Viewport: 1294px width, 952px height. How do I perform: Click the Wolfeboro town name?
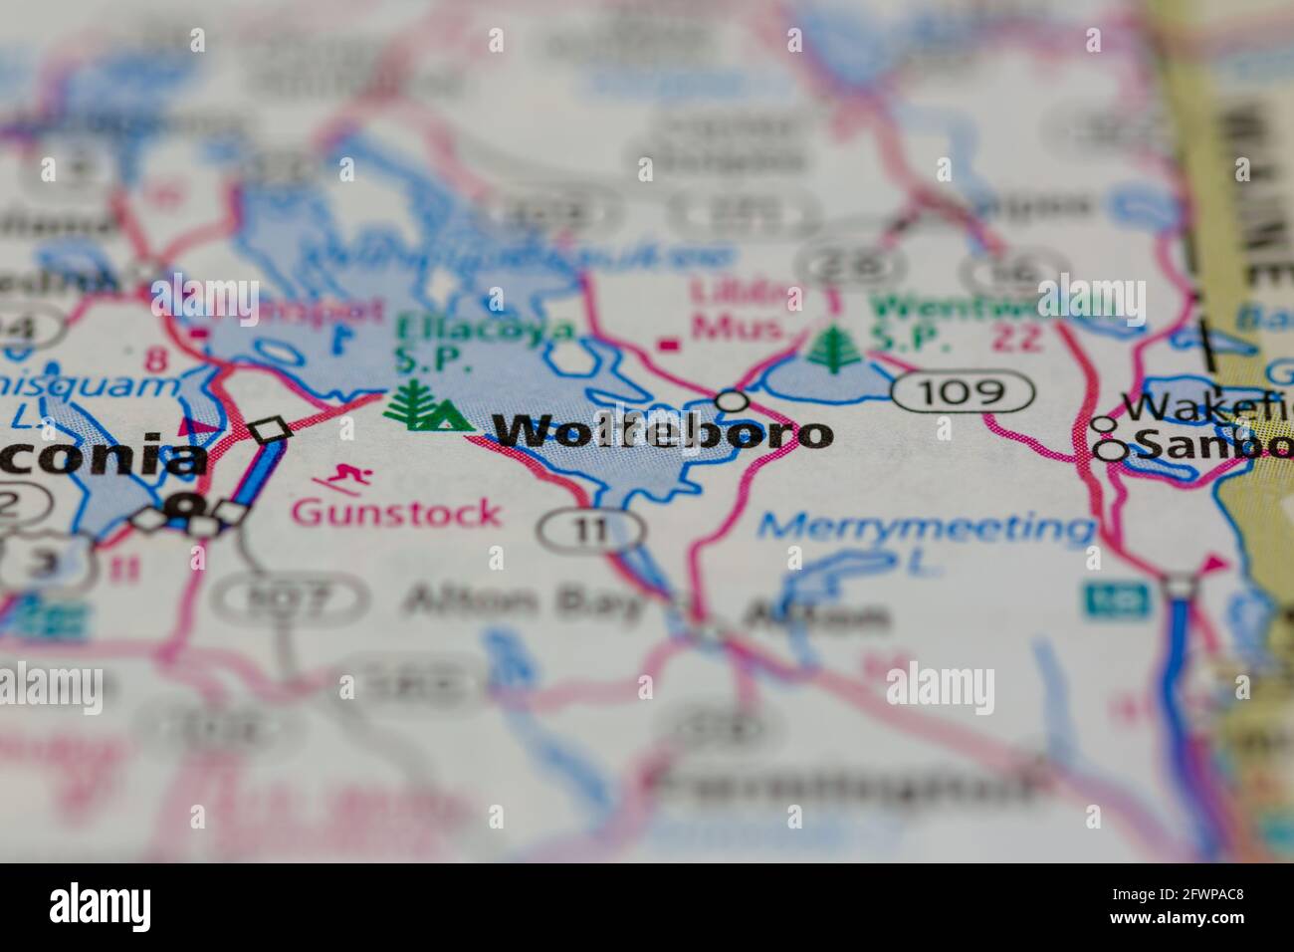tap(662, 433)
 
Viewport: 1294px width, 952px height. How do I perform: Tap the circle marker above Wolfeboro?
tap(733, 400)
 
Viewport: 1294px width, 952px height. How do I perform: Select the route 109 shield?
tap(963, 391)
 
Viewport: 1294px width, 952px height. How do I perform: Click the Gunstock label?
tap(396, 513)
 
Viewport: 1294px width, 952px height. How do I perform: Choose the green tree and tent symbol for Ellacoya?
tap(426, 407)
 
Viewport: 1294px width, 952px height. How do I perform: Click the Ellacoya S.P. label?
tap(485, 342)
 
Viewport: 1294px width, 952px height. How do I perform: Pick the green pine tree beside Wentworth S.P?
tap(834, 348)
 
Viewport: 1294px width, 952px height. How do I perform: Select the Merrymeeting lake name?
tap(926, 528)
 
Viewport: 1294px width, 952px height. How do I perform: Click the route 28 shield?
tap(852, 263)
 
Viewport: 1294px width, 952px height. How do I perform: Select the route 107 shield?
tap(289, 597)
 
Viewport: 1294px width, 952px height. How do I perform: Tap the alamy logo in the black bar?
tap(100, 906)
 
